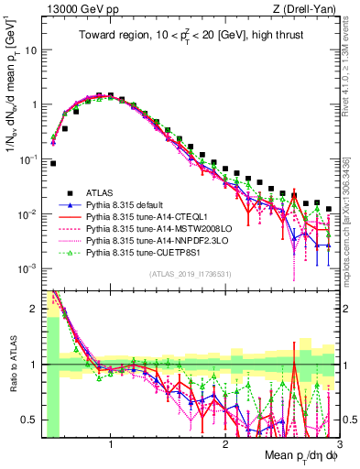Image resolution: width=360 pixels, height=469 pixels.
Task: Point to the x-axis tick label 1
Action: click(x=111, y=444)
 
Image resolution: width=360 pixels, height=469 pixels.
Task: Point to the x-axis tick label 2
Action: click(x=225, y=444)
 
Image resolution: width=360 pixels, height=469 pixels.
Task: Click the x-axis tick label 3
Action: click(x=339, y=444)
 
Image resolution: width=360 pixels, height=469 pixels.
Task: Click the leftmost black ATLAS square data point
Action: click(x=53, y=164)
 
